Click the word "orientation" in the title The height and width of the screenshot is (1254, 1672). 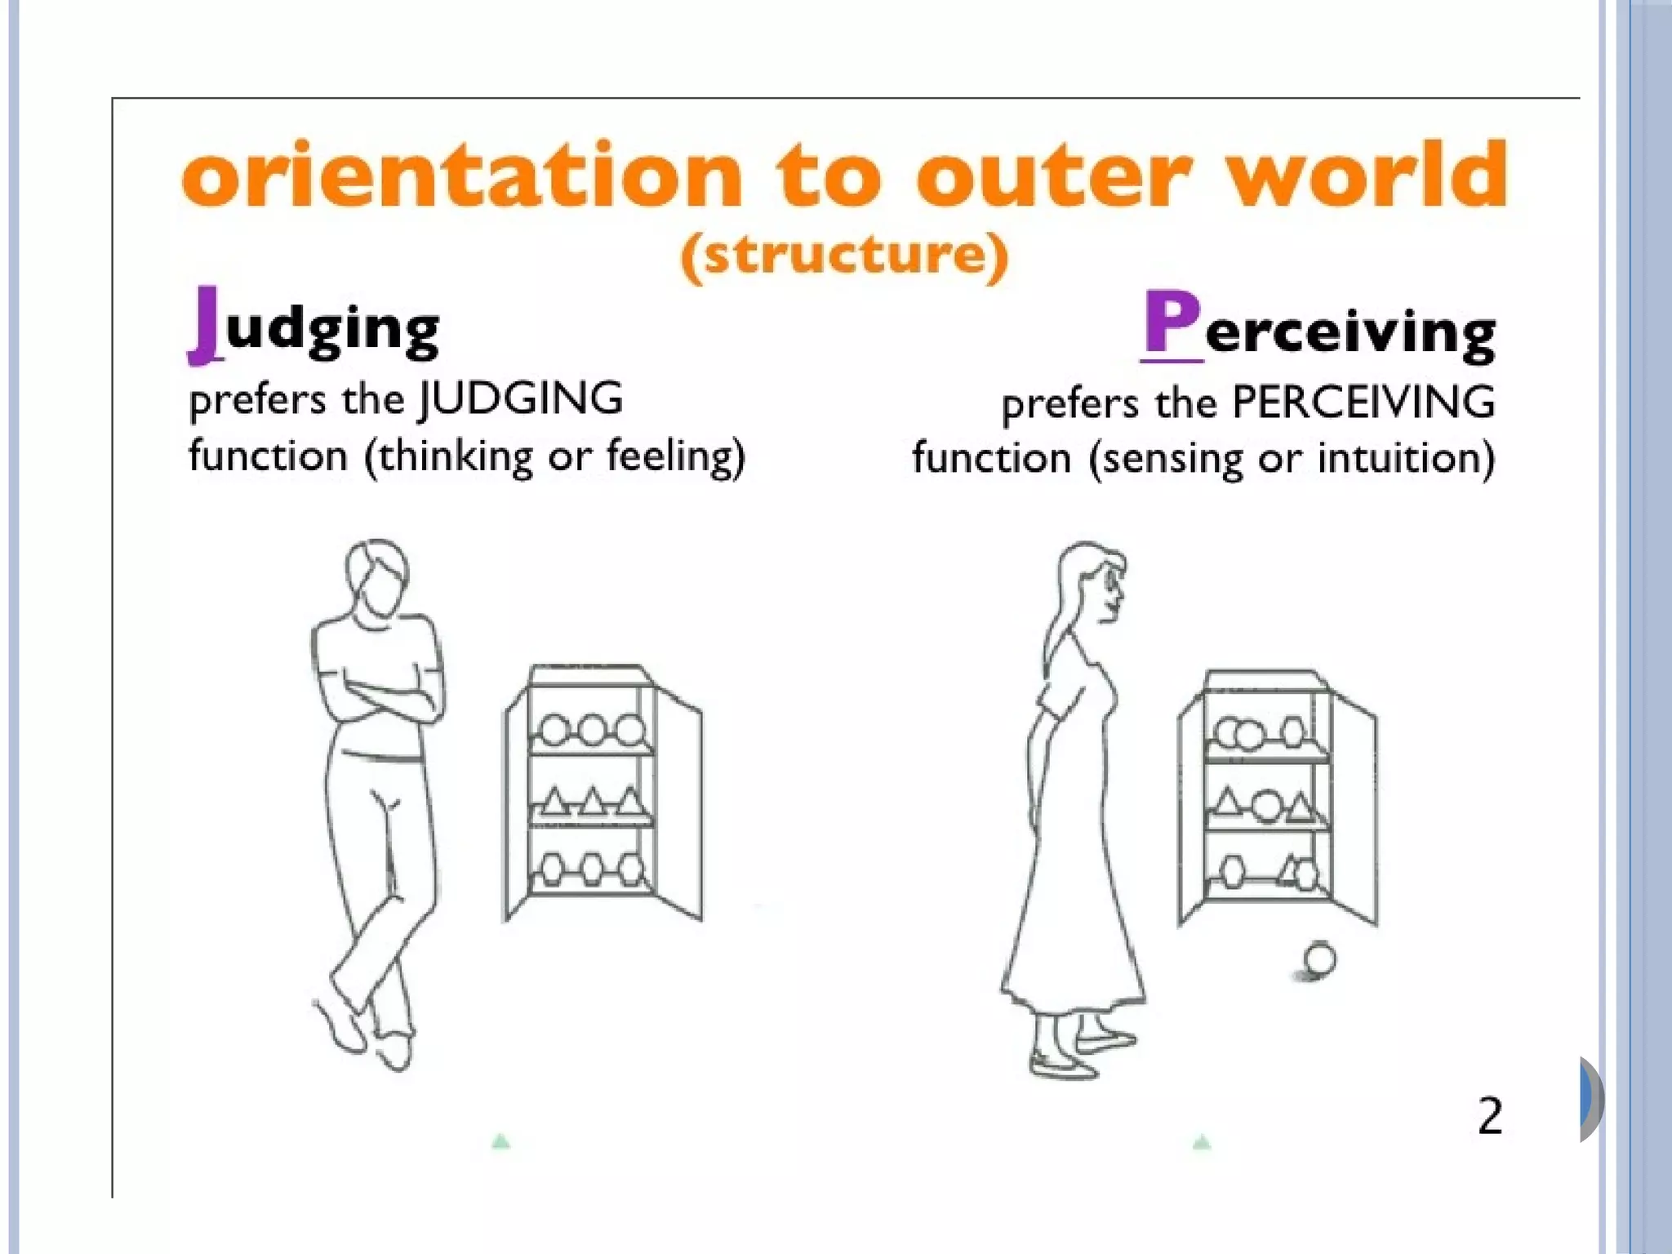[462, 175]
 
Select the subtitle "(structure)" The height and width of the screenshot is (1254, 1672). [845, 256]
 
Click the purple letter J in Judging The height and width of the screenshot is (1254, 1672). [207, 324]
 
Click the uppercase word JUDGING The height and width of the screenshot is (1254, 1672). [521, 399]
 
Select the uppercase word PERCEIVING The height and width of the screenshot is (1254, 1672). [1363, 402]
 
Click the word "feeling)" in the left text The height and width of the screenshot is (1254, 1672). [676, 456]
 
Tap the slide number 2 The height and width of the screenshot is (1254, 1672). [1489, 1116]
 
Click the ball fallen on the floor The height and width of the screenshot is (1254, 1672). [1319, 958]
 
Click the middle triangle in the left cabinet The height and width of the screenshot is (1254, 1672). [592, 803]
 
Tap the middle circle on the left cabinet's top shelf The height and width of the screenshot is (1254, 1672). [592, 729]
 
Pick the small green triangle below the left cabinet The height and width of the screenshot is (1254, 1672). [501, 1141]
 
